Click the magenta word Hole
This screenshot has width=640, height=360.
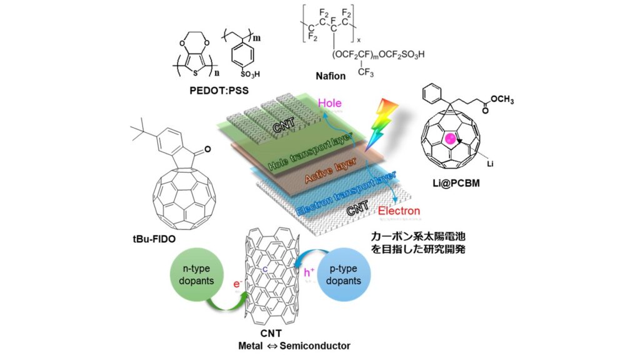(331, 101)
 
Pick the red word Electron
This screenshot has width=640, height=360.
(399, 212)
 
